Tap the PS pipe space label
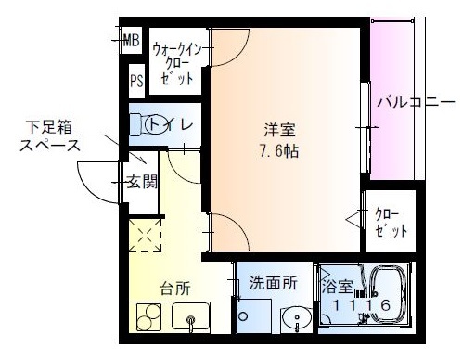point(136,81)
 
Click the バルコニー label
point(415,101)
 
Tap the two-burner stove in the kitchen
point(148,317)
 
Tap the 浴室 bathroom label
point(337,286)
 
